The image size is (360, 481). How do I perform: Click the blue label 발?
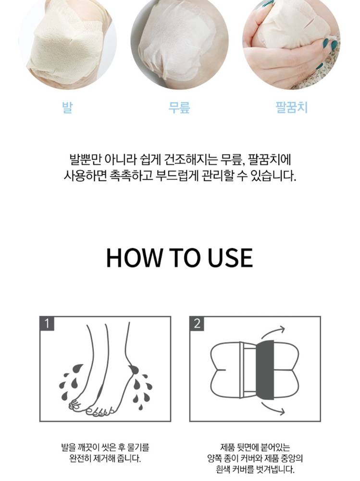pyautogui.click(x=67, y=107)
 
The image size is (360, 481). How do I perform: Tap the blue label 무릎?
pyautogui.click(x=179, y=107)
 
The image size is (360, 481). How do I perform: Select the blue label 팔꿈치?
pyautogui.click(x=291, y=107)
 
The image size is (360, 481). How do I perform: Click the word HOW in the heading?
pyautogui.click(x=134, y=258)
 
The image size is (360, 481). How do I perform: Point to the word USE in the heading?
pyautogui.click(x=230, y=258)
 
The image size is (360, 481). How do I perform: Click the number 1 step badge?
pyautogui.click(x=47, y=324)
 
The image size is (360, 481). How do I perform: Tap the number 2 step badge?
pyautogui.click(x=197, y=324)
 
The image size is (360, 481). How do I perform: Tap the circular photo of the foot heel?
pyautogui.click(x=67, y=41)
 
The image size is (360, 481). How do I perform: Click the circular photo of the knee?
pyautogui.click(x=179, y=41)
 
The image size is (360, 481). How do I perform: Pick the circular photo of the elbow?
pyautogui.click(x=291, y=41)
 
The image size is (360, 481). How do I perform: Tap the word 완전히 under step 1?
pyautogui.click(x=80, y=459)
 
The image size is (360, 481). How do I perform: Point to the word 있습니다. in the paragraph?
pyautogui.click(x=273, y=176)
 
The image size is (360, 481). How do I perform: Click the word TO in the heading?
pyautogui.click(x=185, y=258)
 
